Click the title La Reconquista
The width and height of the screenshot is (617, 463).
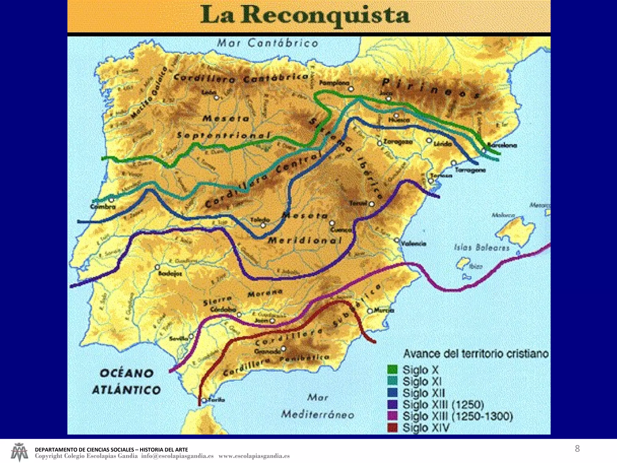point(305,15)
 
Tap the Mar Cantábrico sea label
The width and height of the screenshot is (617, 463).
point(268,43)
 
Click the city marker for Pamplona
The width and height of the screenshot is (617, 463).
point(351,89)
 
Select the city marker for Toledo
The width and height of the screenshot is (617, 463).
point(263,225)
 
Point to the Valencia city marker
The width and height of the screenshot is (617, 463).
point(397,240)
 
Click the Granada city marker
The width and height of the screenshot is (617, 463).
point(283,349)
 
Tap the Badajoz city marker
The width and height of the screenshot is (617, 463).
point(157,267)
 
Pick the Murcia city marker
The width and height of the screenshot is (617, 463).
point(370,311)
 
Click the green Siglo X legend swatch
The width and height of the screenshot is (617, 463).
point(392,369)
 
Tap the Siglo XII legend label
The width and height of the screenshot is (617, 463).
point(424,393)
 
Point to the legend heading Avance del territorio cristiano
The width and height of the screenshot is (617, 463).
point(476,354)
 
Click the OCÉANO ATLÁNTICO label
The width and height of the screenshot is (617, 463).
point(126,382)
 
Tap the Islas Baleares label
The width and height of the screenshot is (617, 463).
point(481,248)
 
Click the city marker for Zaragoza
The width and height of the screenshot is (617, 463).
point(380,143)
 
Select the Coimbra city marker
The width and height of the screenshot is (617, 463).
point(111,200)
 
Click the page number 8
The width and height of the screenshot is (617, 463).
point(577,449)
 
